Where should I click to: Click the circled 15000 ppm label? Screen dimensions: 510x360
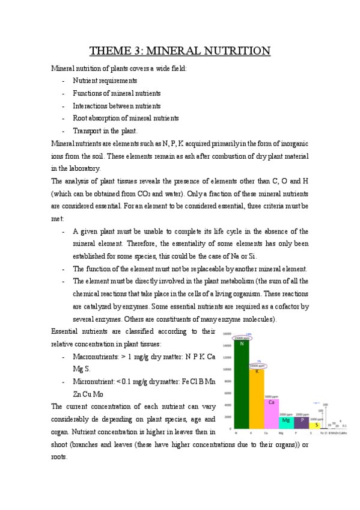pyautogui.click(x=242, y=338)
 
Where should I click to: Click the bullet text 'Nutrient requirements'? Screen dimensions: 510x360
pyautogui.click(x=105, y=81)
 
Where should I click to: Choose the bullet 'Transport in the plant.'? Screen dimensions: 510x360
pyautogui.click(x=105, y=131)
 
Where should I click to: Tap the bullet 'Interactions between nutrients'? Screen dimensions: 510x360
pyautogui.click(x=117, y=106)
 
